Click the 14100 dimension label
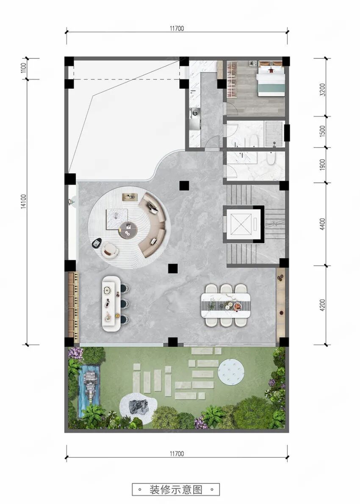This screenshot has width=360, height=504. tap(24, 201)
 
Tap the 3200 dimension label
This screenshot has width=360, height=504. tap(323, 90)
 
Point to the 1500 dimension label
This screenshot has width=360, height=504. tap(323, 131)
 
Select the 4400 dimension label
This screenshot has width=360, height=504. tap(323, 224)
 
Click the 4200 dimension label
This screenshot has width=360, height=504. tap(323, 305)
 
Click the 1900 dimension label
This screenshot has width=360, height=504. tap(323, 165)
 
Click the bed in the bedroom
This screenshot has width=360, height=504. tap(271, 79)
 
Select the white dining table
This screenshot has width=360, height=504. tap(225, 305)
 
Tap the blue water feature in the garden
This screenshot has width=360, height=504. tap(89, 390)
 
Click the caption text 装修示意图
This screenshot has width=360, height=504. tap(176, 490)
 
